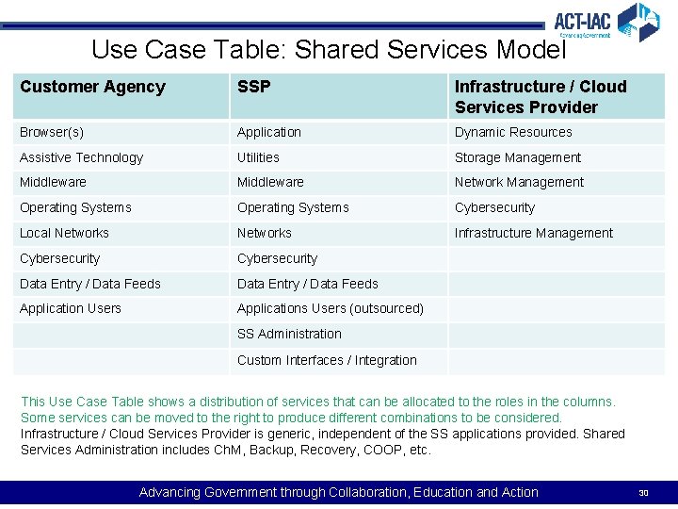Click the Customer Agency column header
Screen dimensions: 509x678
pos(92,87)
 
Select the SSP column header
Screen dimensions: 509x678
pos(253,87)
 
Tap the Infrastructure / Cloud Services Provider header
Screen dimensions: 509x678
pos(540,96)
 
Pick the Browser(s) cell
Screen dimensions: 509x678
pos(52,133)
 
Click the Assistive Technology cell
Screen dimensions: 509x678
pos(81,157)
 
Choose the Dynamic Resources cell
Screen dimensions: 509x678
pos(513,133)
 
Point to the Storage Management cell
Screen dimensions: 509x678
pos(517,157)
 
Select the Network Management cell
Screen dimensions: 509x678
pos(519,183)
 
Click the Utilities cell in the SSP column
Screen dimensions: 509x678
pos(258,157)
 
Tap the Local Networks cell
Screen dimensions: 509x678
pos(64,233)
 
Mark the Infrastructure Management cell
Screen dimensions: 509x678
pos(533,233)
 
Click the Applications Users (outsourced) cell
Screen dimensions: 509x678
pos(330,308)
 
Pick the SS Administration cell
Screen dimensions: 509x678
pos(289,334)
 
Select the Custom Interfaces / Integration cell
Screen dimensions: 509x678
pos(327,360)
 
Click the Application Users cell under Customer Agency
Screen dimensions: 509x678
pos(71,308)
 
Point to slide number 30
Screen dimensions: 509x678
pos(644,493)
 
